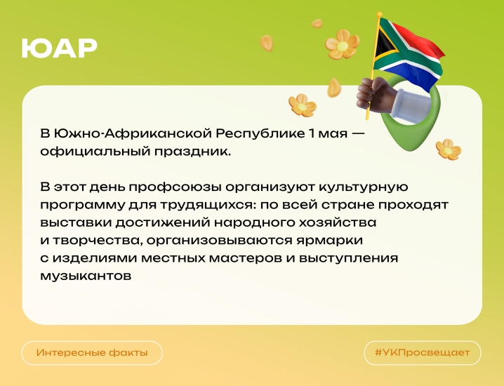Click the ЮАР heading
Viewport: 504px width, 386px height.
(x=60, y=48)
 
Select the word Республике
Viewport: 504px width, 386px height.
(x=259, y=133)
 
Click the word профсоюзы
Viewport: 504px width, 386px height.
(x=175, y=187)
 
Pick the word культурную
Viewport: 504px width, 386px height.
(x=363, y=187)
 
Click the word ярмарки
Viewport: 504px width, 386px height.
(x=329, y=241)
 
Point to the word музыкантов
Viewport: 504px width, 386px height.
(x=86, y=276)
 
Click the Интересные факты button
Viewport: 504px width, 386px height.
(x=92, y=352)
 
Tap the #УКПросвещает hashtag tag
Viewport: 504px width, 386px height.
(x=423, y=352)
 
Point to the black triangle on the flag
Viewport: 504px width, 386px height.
(x=385, y=44)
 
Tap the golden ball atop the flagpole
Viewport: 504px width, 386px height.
(x=379, y=15)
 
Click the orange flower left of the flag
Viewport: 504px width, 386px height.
(x=342, y=44)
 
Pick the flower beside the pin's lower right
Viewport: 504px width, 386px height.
(x=449, y=149)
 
